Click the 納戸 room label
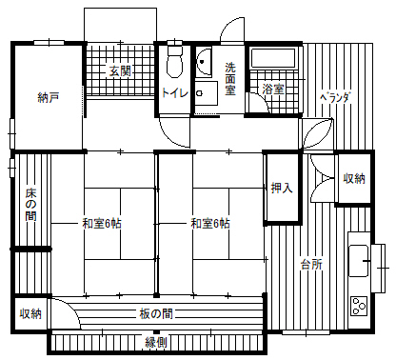click(48, 98)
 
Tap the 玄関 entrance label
click(120, 70)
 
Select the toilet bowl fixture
click(175, 62)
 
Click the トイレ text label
click(175, 93)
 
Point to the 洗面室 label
click(230, 79)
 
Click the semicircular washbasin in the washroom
click(204, 62)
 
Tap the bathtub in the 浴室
click(273, 57)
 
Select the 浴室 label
click(273, 89)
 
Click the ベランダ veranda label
click(335, 97)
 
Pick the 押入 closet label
click(282, 188)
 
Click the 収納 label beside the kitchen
click(354, 178)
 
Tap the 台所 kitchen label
click(311, 264)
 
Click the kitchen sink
click(359, 261)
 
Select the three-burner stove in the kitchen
click(360, 306)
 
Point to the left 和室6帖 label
click(102, 224)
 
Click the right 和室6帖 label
click(210, 224)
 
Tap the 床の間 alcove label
click(30, 205)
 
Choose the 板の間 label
click(156, 314)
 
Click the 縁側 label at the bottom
click(156, 343)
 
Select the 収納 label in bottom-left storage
click(30, 314)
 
